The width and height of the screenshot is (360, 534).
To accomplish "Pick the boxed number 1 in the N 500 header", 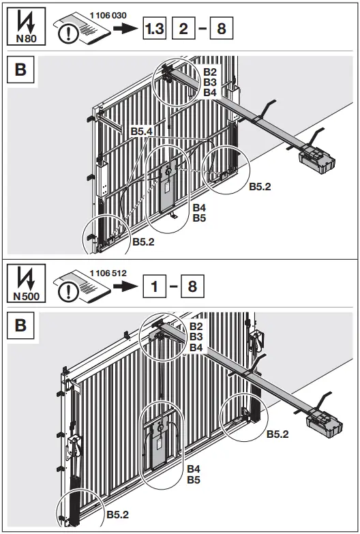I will [x=155, y=286].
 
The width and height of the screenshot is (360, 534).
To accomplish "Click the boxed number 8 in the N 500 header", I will [x=192, y=286].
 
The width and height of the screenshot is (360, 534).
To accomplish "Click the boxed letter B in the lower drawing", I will [x=20, y=325].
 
